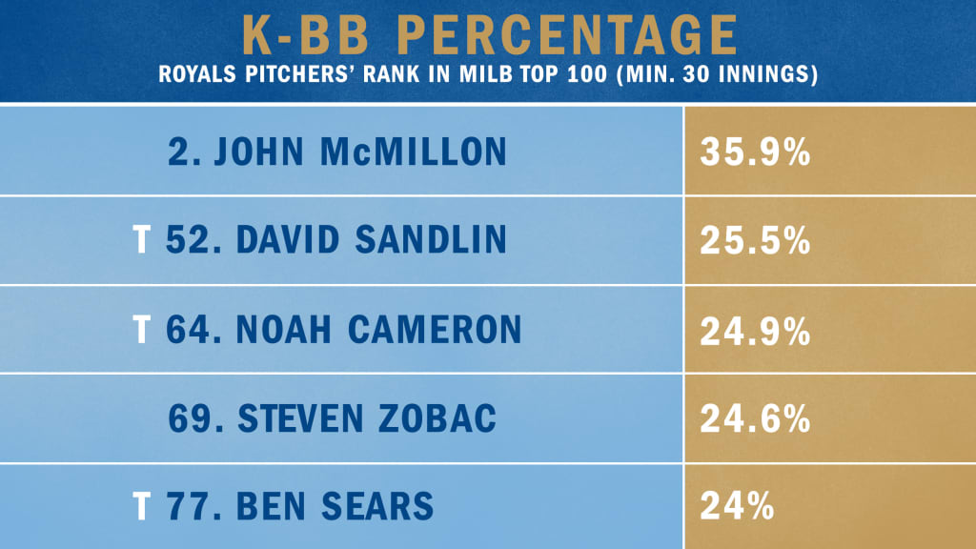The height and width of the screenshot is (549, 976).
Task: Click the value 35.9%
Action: point(755,152)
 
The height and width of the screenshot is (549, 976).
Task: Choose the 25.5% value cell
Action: point(755,241)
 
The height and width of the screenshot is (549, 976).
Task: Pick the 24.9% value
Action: point(755,330)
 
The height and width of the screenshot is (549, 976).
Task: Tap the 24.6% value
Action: point(755,419)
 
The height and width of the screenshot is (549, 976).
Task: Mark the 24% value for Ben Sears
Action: point(736,507)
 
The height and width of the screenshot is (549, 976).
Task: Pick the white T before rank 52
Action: point(140,241)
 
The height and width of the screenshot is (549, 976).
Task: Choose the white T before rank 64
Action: point(140,330)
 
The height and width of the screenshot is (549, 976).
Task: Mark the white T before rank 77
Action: point(140,507)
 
